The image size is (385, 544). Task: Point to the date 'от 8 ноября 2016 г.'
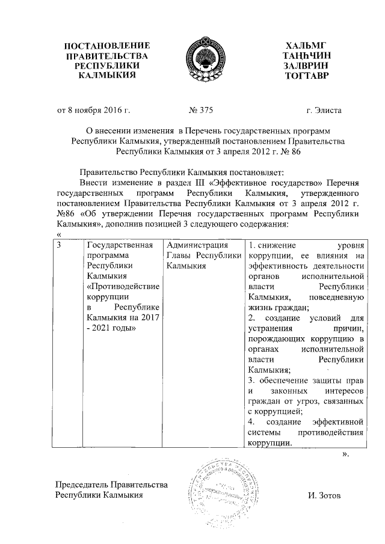pos(93,111)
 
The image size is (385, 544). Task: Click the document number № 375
pos(200,111)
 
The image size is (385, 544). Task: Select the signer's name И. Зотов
pos(323,496)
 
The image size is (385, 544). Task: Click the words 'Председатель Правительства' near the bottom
pos(111,485)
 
